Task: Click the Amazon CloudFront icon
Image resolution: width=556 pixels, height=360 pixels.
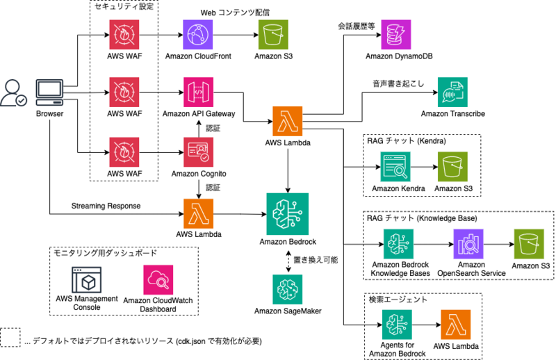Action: point(198,35)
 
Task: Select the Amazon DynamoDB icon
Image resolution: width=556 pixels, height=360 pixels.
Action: point(395,35)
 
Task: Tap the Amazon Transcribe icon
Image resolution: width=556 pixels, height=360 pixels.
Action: point(452,92)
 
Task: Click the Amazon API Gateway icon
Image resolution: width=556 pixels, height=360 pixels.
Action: point(198,92)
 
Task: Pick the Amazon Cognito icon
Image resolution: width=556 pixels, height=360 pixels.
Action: point(198,152)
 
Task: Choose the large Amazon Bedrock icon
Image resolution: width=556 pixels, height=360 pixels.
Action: point(287,214)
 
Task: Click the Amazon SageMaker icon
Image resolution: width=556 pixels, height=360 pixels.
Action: point(288,289)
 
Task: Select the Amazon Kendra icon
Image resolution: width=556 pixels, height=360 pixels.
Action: point(395,167)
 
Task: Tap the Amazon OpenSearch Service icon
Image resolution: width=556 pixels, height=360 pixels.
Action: point(468,244)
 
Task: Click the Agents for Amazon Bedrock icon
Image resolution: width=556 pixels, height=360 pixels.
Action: point(397,325)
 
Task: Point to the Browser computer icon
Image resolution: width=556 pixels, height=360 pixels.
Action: point(49,92)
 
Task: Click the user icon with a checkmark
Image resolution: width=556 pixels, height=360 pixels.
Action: point(13,93)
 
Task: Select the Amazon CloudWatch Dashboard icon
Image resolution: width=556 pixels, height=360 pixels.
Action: point(158,280)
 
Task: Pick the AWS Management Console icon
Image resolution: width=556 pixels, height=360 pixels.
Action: point(86,280)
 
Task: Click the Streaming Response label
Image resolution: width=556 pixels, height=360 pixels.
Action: point(106,206)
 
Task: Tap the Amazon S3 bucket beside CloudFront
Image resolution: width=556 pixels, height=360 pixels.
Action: point(273,35)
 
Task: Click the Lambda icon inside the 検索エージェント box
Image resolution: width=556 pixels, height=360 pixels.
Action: point(456,325)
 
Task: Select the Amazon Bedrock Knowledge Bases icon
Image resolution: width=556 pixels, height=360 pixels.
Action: point(398,244)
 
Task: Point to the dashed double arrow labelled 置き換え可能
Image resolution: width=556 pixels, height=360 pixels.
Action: point(288,261)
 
